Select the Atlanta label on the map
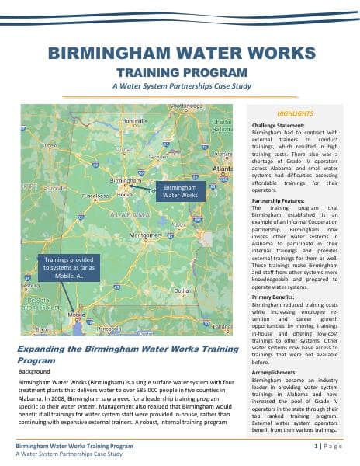(x=223, y=168)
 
